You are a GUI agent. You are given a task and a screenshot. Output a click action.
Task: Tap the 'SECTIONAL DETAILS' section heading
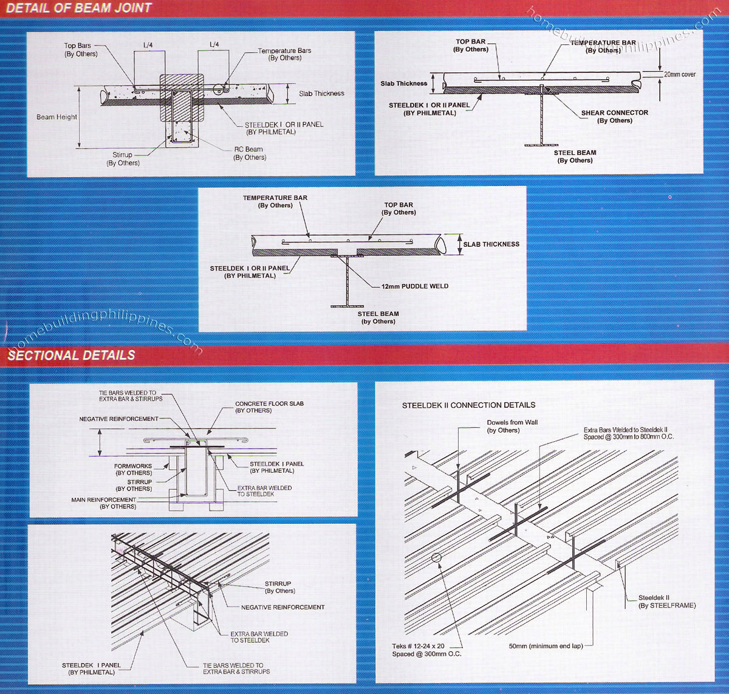click(71, 356)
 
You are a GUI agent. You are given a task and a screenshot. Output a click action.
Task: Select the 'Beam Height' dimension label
click(57, 117)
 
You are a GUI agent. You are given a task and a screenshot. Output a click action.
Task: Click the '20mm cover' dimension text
click(680, 74)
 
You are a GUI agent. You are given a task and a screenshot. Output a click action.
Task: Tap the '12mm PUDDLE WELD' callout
click(415, 286)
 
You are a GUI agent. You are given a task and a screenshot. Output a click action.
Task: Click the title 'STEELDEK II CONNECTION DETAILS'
click(468, 405)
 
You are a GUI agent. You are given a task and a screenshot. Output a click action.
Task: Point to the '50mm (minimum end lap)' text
click(546, 646)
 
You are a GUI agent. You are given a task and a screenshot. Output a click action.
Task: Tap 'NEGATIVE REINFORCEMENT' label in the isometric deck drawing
click(282, 607)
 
